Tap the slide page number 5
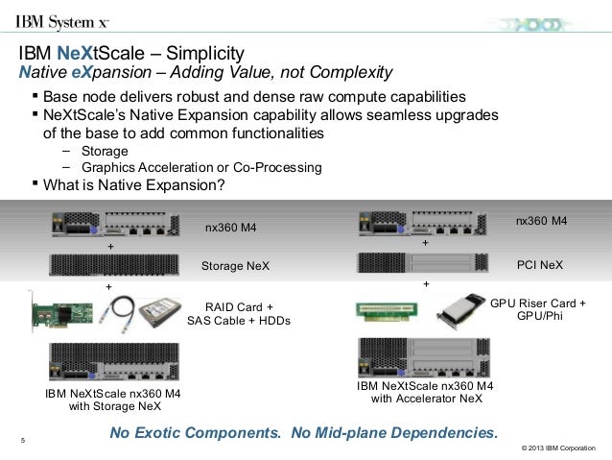pyautogui.click(x=22, y=441)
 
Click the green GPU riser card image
pyautogui.click(x=387, y=313)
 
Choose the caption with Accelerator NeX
pyautogui.click(x=425, y=399)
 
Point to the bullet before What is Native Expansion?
pyautogui.click(x=36, y=185)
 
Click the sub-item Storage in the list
pyautogui.click(x=105, y=151)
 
